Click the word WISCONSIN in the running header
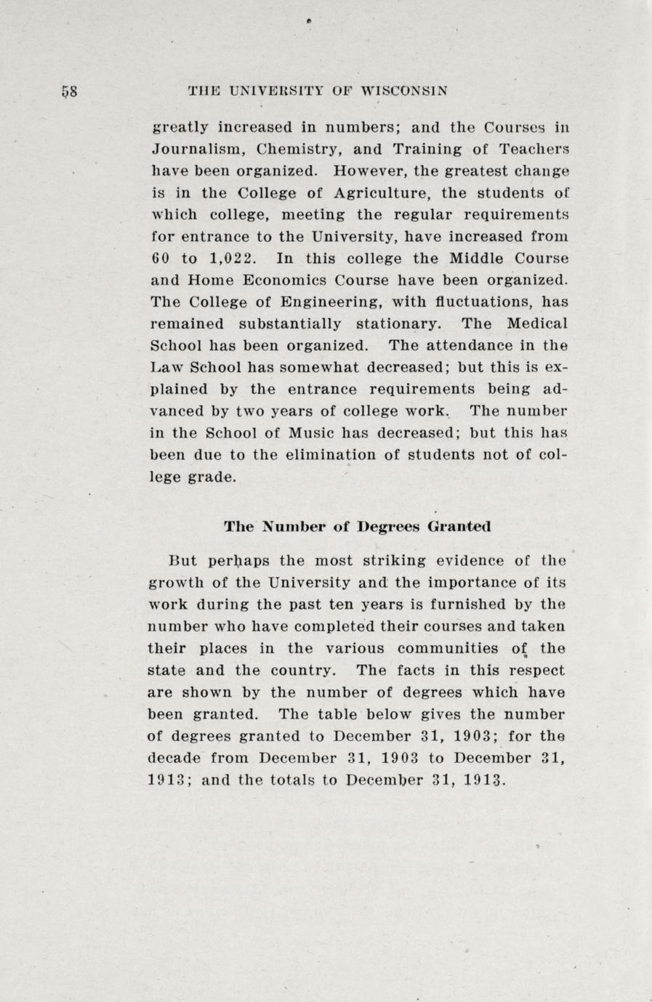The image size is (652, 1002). coord(404,92)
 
